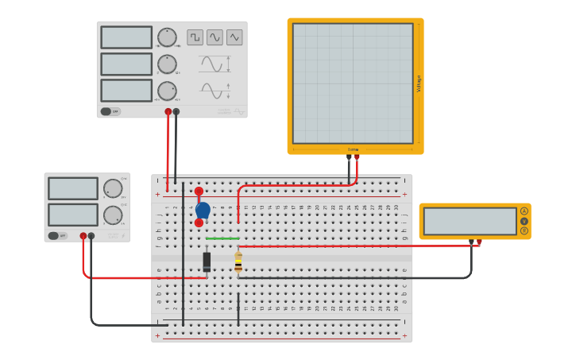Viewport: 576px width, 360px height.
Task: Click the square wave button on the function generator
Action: pyautogui.click(x=195, y=37)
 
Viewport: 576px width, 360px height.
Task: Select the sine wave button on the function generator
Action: pyautogui.click(x=215, y=37)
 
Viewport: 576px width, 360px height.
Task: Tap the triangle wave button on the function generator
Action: pyautogui.click(x=234, y=37)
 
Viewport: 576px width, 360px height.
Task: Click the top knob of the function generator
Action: pyautogui.click(x=167, y=37)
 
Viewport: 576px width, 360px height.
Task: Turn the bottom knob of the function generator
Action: pyautogui.click(x=167, y=91)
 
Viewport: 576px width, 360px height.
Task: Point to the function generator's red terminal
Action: pyautogui.click(x=168, y=112)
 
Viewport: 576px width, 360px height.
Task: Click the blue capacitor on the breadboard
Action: pyautogui.click(x=203, y=210)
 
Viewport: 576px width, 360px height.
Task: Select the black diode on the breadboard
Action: pyautogui.click(x=207, y=261)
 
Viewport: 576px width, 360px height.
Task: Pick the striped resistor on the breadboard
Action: pyautogui.click(x=238, y=262)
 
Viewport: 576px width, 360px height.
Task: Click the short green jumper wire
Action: pyautogui.click(x=222, y=238)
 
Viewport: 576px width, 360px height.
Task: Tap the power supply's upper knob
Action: pyautogui.click(x=113, y=188)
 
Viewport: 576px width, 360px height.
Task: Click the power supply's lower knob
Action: pyautogui.click(x=113, y=215)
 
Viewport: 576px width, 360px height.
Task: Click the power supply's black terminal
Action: pyautogui.click(x=91, y=236)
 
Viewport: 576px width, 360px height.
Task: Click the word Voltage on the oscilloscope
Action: pyautogui.click(x=419, y=83)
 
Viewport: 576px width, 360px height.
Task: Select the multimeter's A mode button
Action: pyautogui.click(x=524, y=211)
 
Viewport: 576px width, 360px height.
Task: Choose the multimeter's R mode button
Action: pyautogui.click(x=524, y=230)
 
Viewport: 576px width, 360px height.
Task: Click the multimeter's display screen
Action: pyautogui.click(x=470, y=221)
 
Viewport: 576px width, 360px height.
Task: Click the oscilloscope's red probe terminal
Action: pyautogui.click(x=357, y=157)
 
